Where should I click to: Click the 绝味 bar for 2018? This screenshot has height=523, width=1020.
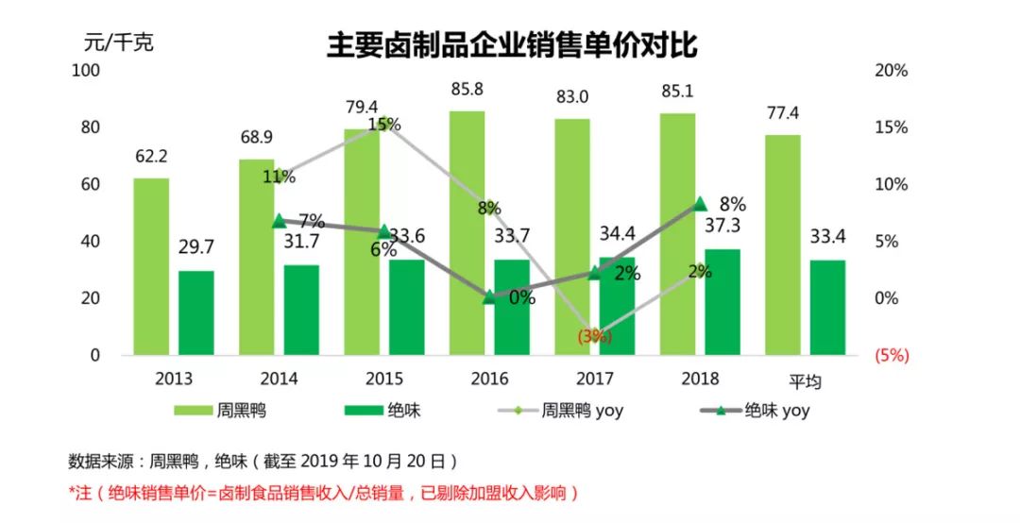pyautogui.click(x=722, y=302)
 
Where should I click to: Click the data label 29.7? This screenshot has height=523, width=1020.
pyautogui.click(x=196, y=247)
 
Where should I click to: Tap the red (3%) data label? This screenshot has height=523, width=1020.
pyautogui.click(x=593, y=335)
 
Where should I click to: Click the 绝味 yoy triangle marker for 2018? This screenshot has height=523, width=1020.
pyautogui.click(x=700, y=204)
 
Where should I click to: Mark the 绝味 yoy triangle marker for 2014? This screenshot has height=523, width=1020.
pyautogui.click(x=279, y=221)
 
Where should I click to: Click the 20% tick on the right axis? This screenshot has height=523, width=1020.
pyautogui.click(x=892, y=71)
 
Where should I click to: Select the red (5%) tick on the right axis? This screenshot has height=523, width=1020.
pyautogui.click(x=892, y=356)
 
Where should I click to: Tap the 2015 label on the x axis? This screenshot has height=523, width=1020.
pyautogui.click(x=383, y=380)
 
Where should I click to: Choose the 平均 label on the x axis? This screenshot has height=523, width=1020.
pyautogui.click(x=805, y=380)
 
